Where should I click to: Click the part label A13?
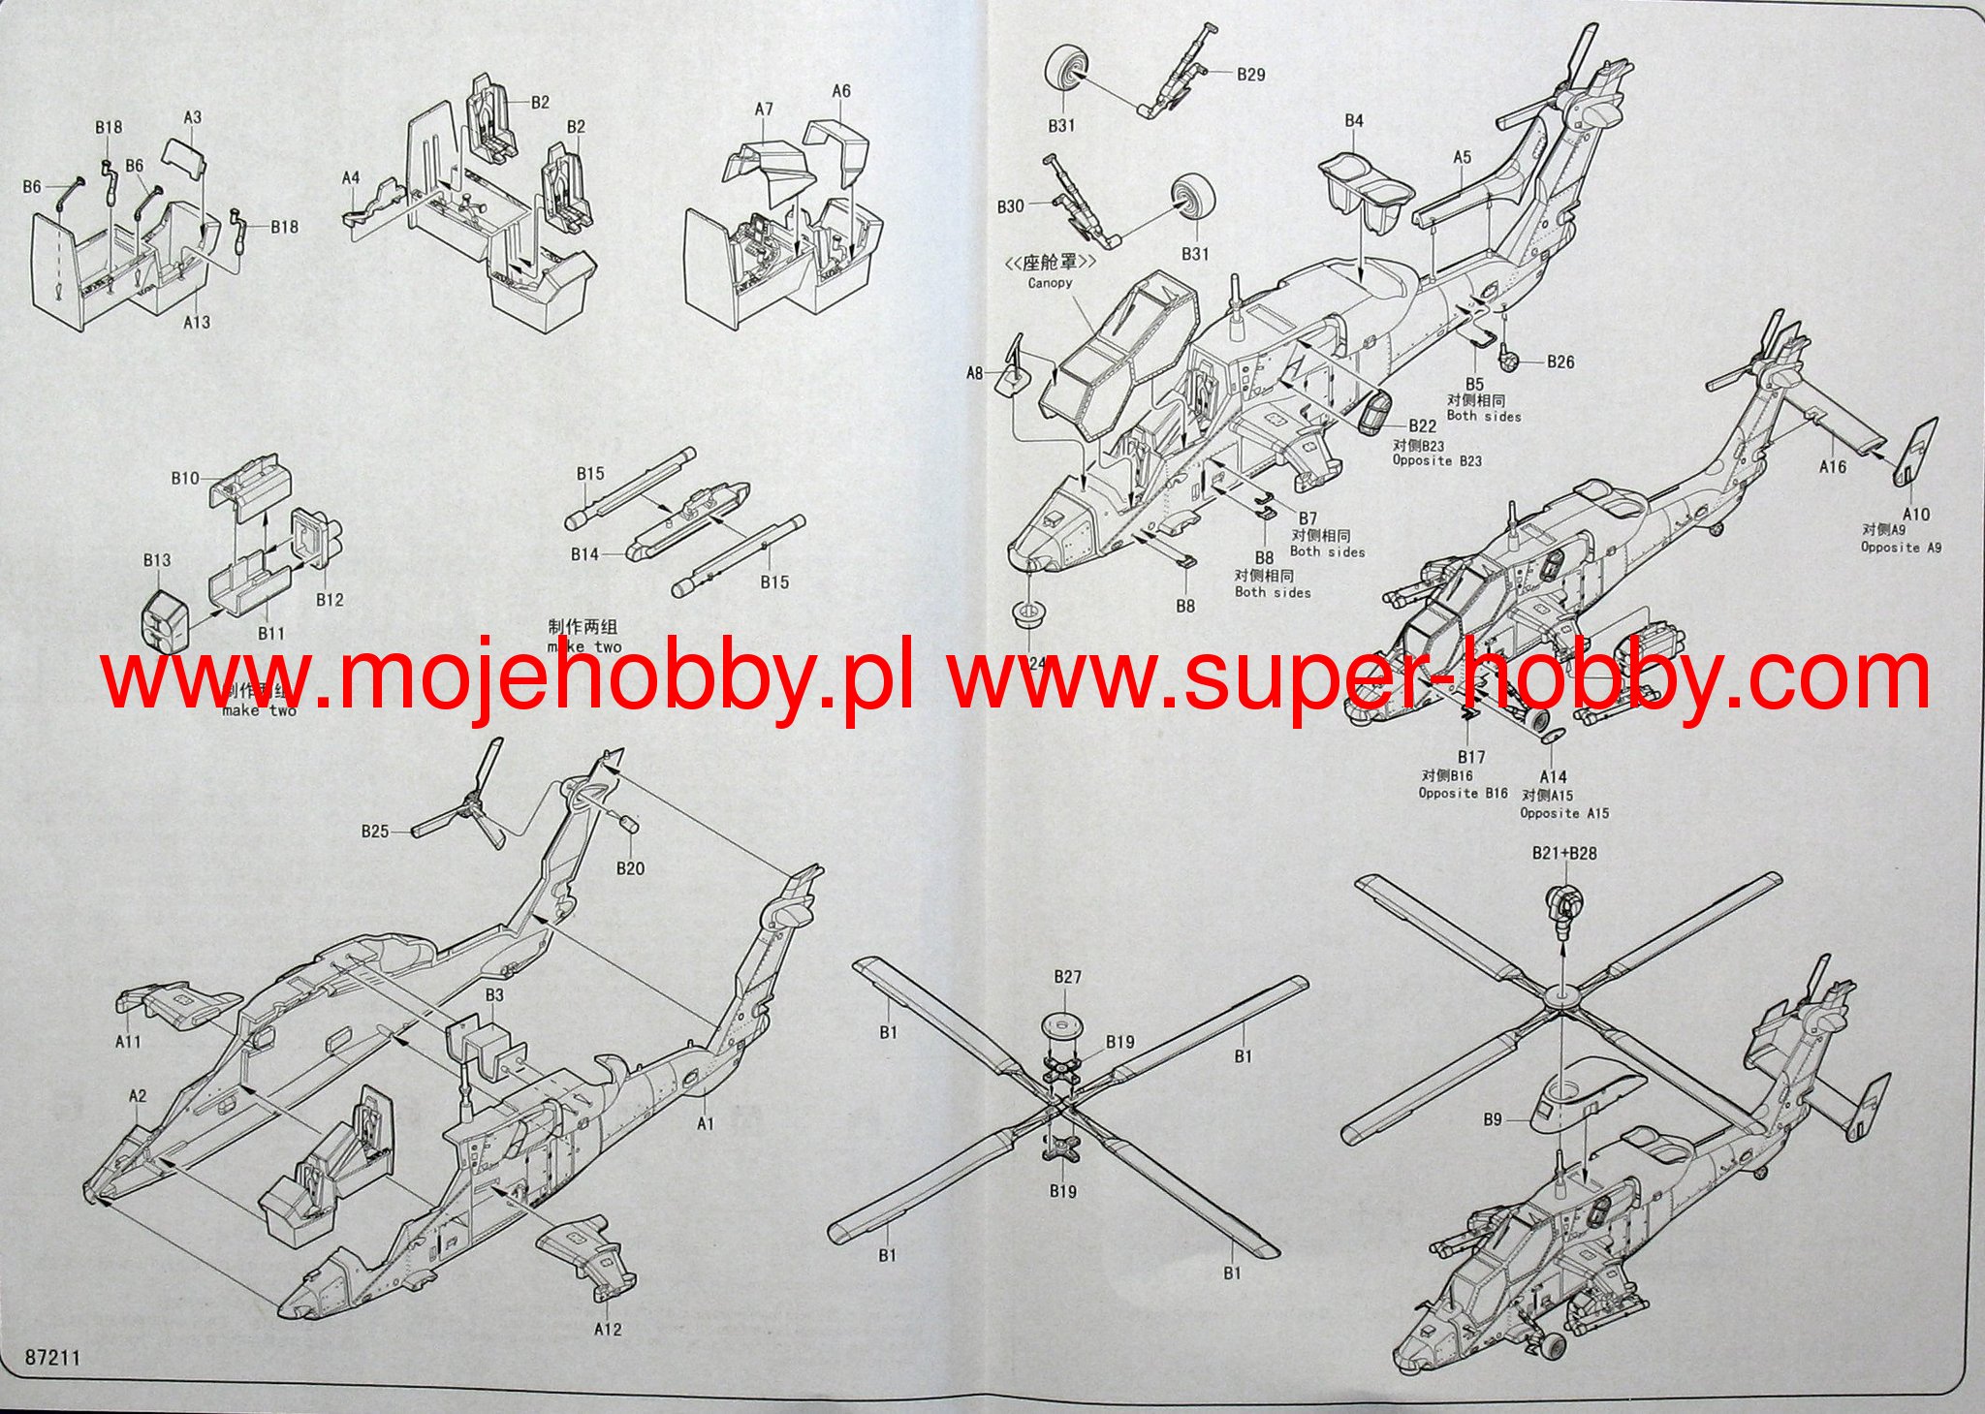196,321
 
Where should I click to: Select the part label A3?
193,117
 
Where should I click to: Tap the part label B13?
157,560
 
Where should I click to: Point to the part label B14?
584,554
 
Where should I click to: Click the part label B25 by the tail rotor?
375,831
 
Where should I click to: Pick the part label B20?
630,868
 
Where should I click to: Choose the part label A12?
608,1329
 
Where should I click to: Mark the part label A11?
129,1042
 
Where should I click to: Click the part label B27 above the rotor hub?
1067,978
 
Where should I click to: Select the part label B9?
1492,1119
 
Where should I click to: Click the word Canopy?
1051,283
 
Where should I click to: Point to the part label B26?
1560,362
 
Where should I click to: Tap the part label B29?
1251,74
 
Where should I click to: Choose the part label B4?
1354,120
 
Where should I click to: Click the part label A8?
975,372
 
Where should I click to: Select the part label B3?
494,995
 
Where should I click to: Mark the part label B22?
1422,426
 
